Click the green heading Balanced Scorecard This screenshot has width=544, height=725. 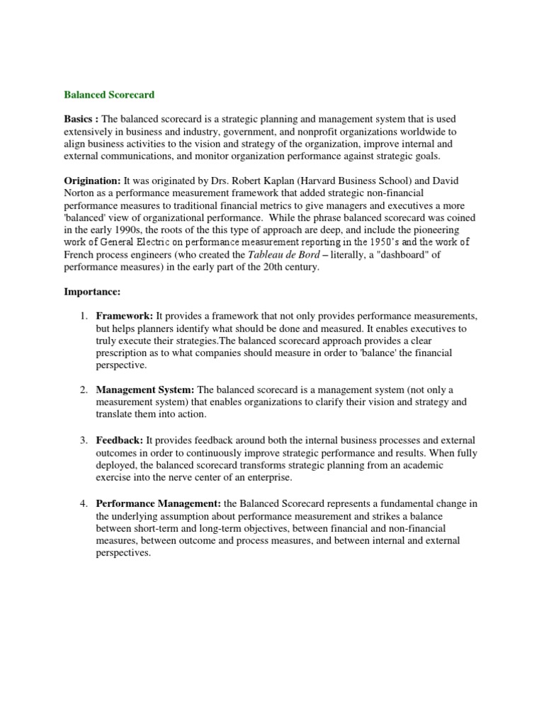coord(109,94)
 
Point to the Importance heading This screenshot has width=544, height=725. coord(90,290)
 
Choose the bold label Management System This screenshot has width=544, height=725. coord(145,389)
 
